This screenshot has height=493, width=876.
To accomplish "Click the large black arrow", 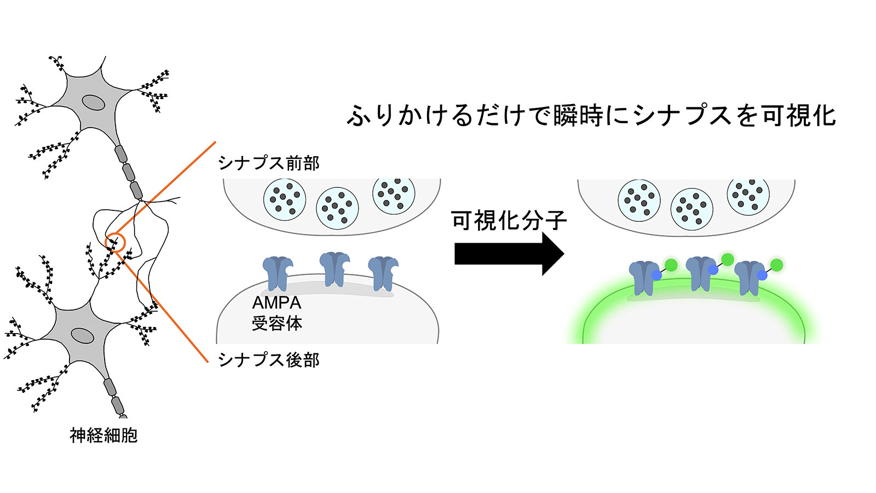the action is click(509, 254).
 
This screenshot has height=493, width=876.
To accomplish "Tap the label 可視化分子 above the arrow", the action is click(509, 221).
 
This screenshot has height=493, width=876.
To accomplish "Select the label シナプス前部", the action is click(269, 163).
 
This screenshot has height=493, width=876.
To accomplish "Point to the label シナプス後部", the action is click(269, 360).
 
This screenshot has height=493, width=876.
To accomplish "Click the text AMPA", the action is click(277, 303).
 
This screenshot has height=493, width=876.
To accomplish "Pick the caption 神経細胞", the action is click(103, 435).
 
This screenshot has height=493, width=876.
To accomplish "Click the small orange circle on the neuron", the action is click(115, 243).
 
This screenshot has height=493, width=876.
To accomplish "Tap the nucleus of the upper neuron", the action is click(93, 103).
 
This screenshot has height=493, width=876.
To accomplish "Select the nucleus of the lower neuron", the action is click(82, 336).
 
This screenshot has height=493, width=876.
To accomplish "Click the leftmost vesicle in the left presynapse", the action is click(285, 199).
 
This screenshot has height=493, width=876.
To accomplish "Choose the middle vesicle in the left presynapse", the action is click(337, 208).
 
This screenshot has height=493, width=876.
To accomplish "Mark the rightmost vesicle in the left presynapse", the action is click(394, 194).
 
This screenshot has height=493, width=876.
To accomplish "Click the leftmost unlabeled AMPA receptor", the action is click(278, 273).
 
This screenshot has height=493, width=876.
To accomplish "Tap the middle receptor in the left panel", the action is click(335, 270).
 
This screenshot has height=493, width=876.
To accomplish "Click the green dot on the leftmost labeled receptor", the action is click(671, 265).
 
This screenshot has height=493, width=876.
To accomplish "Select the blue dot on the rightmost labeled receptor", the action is click(762, 276).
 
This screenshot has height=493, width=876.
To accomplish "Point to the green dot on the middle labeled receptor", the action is click(728, 260).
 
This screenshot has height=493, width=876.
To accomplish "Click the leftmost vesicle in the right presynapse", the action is click(639, 200).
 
